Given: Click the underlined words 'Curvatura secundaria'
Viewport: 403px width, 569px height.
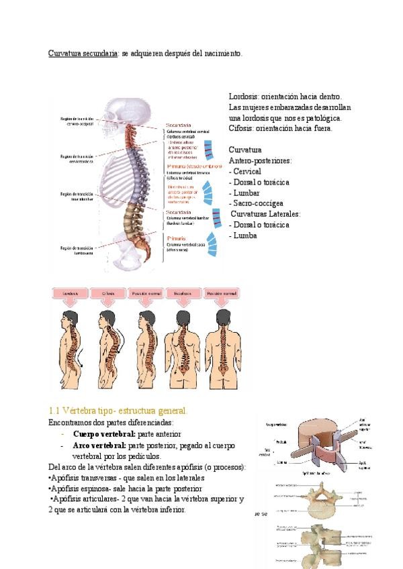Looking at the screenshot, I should pyautogui.click(x=83, y=53).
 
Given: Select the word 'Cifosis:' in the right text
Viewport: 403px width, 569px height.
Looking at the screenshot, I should pyautogui.click(x=243, y=128).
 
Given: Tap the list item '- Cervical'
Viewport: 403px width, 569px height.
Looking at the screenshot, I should pyautogui.click(x=245, y=171).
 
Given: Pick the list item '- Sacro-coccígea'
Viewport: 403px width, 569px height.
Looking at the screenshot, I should pyautogui.click(x=256, y=203).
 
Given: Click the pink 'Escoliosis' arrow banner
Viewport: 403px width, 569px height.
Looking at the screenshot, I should pyautogui.click(x=185, y=294).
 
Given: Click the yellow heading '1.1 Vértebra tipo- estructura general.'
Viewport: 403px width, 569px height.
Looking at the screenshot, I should pyautogui.click(x=118, y=411).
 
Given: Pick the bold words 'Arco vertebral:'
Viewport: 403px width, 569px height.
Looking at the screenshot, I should pyautogui.click(x=99, y=444).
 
